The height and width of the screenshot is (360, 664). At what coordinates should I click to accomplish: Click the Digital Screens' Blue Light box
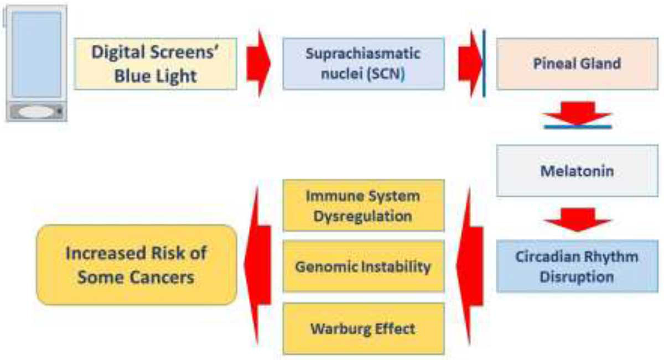pyautogui.click(x=155, y=64)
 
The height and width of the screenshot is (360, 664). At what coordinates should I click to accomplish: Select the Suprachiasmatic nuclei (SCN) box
pyautogui.click(x=364, y=64)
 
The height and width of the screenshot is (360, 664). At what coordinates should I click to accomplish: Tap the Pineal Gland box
pyautogui.click(x=577, y=64)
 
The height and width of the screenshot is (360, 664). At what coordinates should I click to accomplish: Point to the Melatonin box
pyautogui.click(x=577, y=171)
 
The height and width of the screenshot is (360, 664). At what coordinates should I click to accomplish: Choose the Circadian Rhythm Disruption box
pyautogui.click(x=577, y=267)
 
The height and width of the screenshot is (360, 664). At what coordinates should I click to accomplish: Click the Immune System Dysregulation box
pyautogui.click(x=364, y=205)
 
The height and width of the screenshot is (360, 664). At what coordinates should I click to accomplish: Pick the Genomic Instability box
pyautogui.click(x=364, y=266)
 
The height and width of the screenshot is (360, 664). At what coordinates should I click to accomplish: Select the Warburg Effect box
pyautogui.click(x=364, y=328)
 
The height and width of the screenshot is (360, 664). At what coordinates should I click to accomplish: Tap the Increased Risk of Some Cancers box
pyautogui.click(x=136, y=265)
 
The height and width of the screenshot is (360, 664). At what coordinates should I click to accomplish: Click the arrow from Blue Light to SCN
pyautogui.click(x=258, y=64)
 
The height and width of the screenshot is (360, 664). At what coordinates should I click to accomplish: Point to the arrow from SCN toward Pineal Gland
pyautogui.click(x=470, y=64)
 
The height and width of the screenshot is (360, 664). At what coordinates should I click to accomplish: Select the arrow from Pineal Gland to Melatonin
pyautogui.click(x=577, y=113)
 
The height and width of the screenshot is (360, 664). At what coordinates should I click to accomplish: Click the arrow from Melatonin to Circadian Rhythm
pyautogui.click(x=577, y=220)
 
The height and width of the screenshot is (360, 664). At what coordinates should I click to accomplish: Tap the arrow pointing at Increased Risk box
pyautogui.click(x=258, y=265)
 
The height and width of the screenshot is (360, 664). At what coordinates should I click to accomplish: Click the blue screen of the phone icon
pyautogui.click(x=37, y=54)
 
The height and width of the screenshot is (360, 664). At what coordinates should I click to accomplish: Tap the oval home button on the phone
pyautogui.click(x=36, y=112)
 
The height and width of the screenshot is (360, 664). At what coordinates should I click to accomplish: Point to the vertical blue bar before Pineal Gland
pyautogui.click(x=484, y=64)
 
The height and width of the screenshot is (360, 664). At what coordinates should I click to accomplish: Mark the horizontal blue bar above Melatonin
pyautogui.click(x=578, y=127)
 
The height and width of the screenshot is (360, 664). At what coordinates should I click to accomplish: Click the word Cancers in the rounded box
pyautogui.click(x=162, y=278)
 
